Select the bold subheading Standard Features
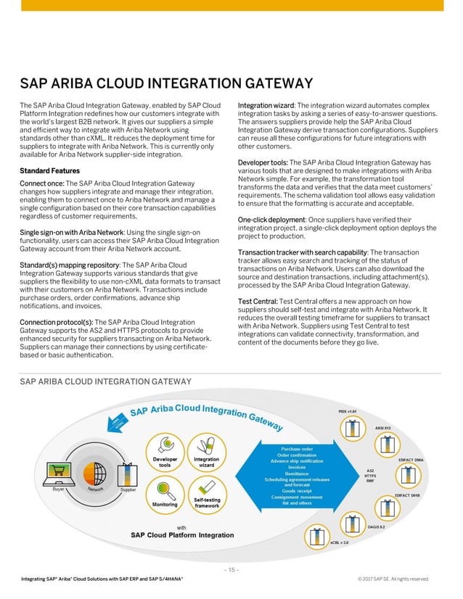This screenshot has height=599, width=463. coord(48,170)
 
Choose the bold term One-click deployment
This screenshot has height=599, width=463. coord(271,219)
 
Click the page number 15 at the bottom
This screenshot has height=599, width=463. coord(231,569)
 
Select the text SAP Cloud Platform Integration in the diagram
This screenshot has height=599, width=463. coord(182,535)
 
